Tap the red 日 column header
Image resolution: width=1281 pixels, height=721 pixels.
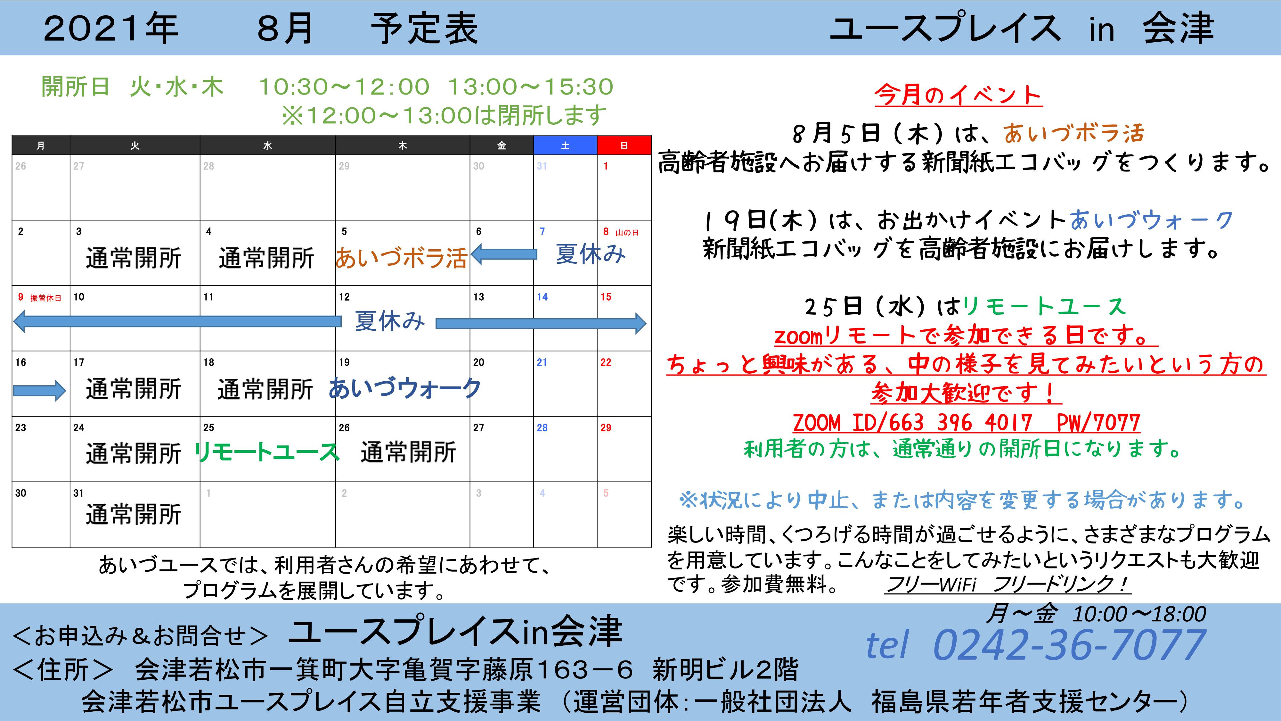(x=624, y=145)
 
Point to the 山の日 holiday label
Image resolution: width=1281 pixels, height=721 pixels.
(x=627, y=232)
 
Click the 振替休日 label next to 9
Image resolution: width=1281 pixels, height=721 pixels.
(x=46, y=298)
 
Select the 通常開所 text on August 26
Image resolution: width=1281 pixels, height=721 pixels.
(x=408, y=452)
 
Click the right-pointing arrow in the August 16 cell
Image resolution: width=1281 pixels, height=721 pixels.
(x=39, y=391)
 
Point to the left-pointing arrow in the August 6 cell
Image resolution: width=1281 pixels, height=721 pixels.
(x=504, y=254)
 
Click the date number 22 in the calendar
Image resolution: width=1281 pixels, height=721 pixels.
(x=606, y=362)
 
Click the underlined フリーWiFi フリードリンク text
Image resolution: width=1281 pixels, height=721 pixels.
(x=1008, y=584)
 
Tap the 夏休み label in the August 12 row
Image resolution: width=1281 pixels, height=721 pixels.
(x=389, y=321)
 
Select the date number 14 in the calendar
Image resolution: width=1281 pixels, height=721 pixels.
(x=542, y=297)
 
